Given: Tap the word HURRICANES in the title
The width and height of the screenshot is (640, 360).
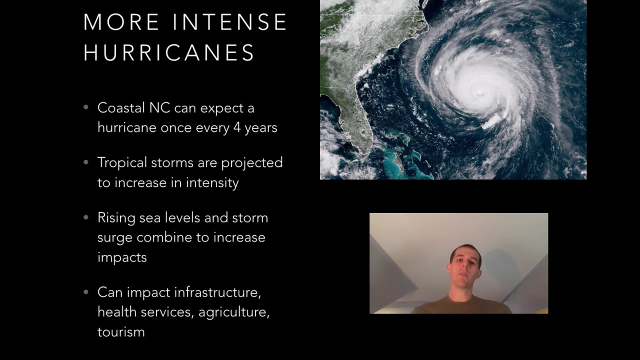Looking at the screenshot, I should pos(169,53).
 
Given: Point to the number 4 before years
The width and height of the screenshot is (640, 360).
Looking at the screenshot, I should pos(237,127).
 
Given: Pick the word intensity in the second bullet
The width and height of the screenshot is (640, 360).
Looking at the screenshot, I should pos(212,182).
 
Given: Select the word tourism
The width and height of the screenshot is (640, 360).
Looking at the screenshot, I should pos(121,331).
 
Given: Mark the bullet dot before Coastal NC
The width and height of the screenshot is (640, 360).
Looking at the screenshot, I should pos(86,107).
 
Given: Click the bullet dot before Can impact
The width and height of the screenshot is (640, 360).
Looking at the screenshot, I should pos(86,291).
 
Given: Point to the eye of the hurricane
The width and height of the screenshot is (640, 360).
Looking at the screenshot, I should pos(480,92).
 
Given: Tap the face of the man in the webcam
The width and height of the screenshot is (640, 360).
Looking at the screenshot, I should pos(465,262).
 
